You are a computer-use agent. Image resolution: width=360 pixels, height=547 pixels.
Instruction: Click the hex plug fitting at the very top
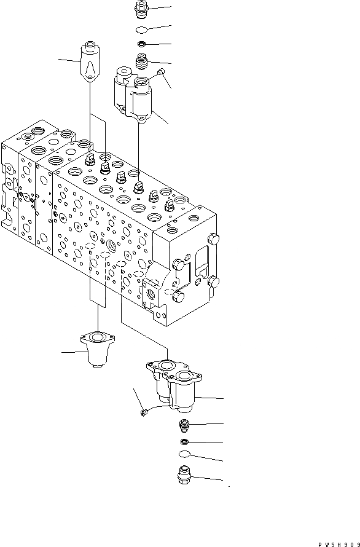coord(141,10)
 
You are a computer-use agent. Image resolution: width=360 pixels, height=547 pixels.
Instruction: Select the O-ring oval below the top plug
coord(141,30)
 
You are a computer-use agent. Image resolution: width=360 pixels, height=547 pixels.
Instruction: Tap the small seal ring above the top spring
coord(141,44)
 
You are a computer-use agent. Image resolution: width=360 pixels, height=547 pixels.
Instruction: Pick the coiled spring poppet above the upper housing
coord(141,61)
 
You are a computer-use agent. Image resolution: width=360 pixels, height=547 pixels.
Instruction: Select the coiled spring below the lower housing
coord(184,425)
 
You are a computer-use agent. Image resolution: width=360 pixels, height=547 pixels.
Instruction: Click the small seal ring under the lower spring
coord(184,442)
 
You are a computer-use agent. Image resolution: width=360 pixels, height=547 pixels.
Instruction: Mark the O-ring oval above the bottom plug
coord(184,455)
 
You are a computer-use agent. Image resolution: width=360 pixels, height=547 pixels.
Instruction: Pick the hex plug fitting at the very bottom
coord(184,476)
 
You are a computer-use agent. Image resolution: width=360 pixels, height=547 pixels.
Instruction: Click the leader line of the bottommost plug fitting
coord(209,479)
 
